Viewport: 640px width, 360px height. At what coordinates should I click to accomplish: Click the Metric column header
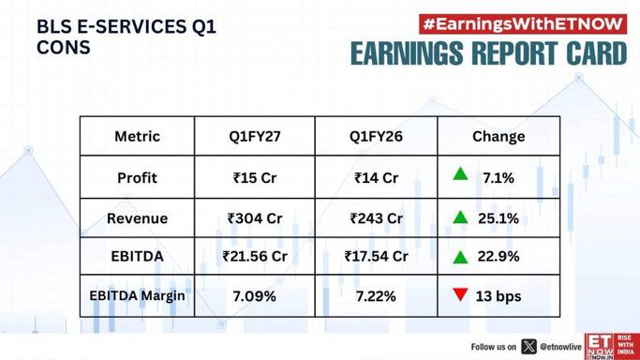[137, 136]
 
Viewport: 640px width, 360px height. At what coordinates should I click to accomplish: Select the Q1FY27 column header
[255, 136]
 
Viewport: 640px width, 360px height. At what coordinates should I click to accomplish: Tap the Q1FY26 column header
[376, 136]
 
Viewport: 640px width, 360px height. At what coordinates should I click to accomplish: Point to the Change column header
[499, 137]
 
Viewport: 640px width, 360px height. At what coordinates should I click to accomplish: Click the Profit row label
[137, 178]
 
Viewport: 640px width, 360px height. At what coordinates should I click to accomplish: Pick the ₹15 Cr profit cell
[255, 178]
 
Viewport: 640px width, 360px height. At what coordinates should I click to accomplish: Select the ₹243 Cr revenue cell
[376, 218]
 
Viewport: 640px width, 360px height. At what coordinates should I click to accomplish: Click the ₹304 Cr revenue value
[255, 218]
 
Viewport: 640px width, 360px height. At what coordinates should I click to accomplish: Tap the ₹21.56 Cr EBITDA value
[255, 256]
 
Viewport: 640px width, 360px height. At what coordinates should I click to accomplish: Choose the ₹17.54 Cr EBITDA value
[376, 256]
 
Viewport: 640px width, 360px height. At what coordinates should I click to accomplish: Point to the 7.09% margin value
[254, 296]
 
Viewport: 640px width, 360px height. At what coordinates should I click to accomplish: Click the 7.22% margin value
[376, 296]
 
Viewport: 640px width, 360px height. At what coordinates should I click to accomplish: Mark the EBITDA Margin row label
[137, 295]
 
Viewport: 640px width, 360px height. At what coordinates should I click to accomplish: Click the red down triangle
[460, 293]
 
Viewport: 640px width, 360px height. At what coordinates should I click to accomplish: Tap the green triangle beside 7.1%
[460, 174]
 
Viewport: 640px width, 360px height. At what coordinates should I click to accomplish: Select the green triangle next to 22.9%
[460, 258]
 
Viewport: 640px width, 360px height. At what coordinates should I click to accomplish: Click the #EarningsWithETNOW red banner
[523, 24]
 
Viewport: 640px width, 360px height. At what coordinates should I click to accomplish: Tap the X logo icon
[528, 347]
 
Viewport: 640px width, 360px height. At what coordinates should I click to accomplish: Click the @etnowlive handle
[560, 347]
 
